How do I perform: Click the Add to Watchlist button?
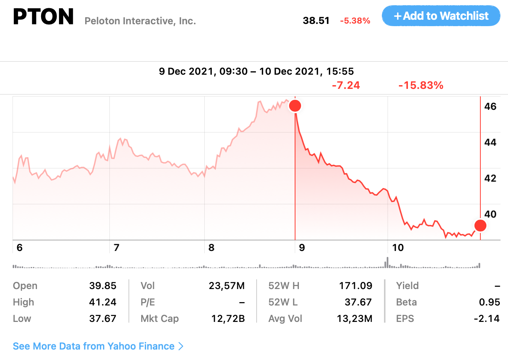coord(441,16)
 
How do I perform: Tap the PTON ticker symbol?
coord(43,17)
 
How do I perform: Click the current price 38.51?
coord(316,21)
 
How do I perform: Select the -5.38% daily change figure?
coord(355,21)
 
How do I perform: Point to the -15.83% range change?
coord(421,86)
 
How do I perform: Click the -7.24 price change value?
coord(346,86)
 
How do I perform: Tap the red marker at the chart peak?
coord(295,106)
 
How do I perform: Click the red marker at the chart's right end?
coord(480,226)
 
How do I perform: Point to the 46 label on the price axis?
coord(490,106)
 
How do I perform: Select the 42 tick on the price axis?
coord(490,178)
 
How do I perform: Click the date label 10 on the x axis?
coord(398,248)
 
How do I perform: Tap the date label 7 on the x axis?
coord(117,248)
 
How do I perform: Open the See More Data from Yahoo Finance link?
coord(98,346)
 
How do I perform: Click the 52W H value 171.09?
coord(355,286)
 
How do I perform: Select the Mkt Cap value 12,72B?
coord(228,319)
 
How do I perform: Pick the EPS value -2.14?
coord(486,319)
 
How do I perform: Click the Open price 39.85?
coord(103,286)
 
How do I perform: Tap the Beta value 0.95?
coord(489,302)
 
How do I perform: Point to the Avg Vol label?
coord(285,319)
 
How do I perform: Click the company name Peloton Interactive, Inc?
coord(140,21)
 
